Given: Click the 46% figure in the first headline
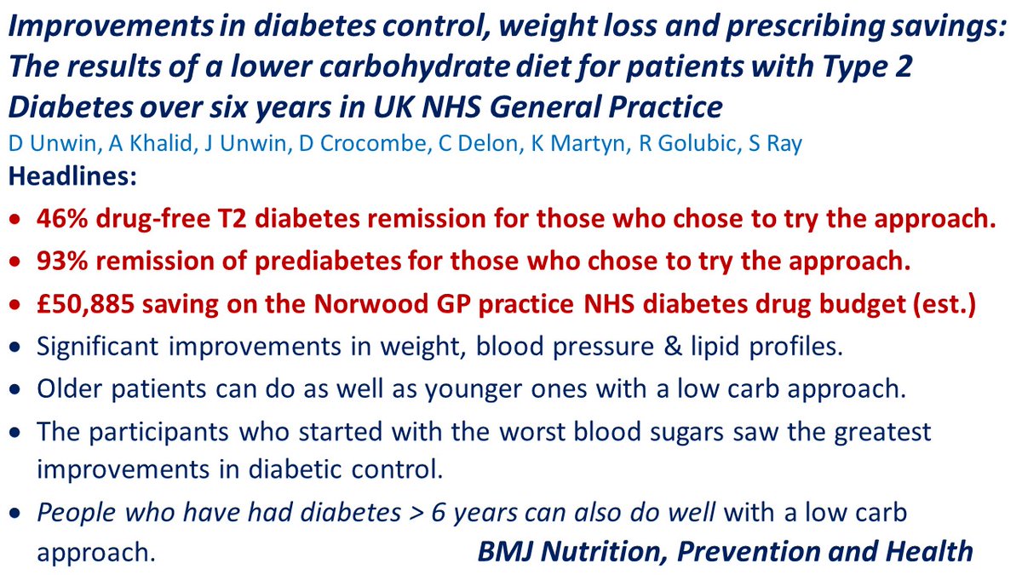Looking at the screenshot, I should pyautogui.click(x=59, y=219).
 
